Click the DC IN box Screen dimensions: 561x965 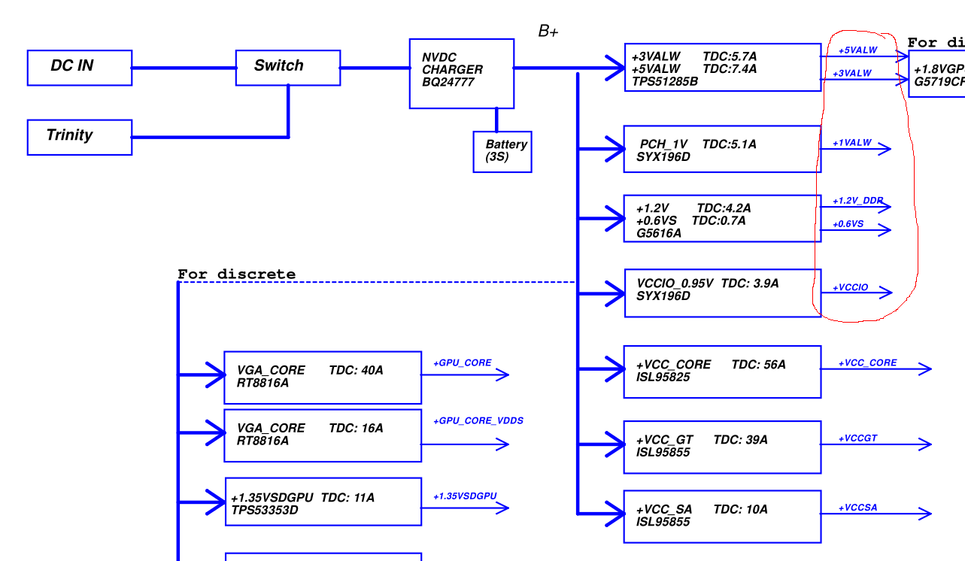[x=79, y=67]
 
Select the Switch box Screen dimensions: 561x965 [x=287, y=67]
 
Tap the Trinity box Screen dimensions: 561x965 [x=79, y=137]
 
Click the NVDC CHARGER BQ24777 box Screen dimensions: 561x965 [x=461, y=73]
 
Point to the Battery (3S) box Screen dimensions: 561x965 [x=502, y=151]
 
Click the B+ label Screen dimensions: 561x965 [x=548, y=32]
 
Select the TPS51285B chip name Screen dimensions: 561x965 [x=664, y=81]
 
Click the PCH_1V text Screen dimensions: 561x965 [x=663, y=144]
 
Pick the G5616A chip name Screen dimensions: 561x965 [x=659, y=233]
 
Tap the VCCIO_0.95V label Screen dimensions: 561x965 [x=675, y=284]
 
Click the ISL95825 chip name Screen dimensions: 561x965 [x=663, y=377]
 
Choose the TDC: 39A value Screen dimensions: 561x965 [x=740, y=440]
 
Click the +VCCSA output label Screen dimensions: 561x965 [x=858, y=508]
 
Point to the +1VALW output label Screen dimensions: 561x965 [x=852, y=143]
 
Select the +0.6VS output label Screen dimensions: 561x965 [x=848, y=224]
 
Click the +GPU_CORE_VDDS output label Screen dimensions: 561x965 [x=478, y=420]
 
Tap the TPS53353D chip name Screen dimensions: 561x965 [x=264, y=510]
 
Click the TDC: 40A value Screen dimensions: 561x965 [x=356, y=371]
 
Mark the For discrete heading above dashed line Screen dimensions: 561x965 [x=236, y=274]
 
